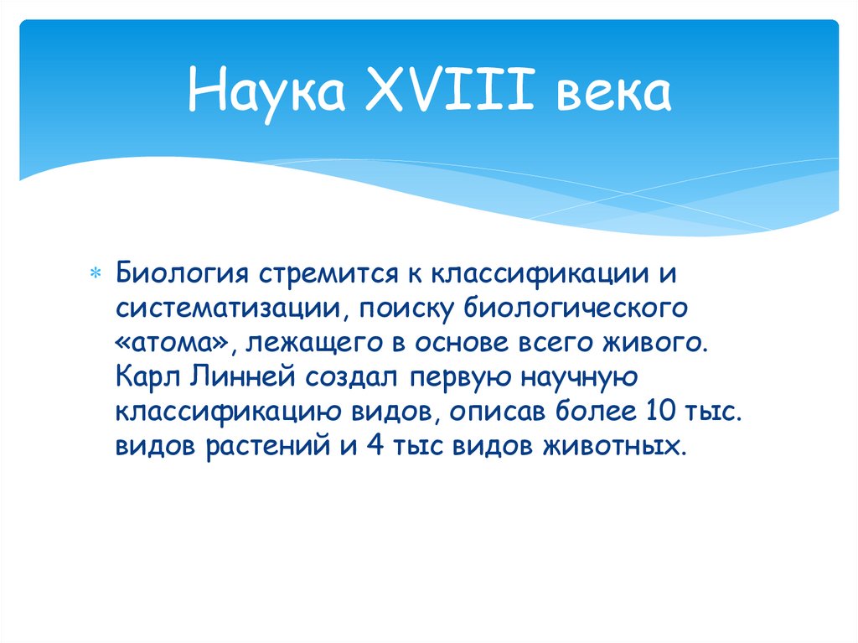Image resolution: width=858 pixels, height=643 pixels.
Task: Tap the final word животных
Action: coord(615,447)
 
